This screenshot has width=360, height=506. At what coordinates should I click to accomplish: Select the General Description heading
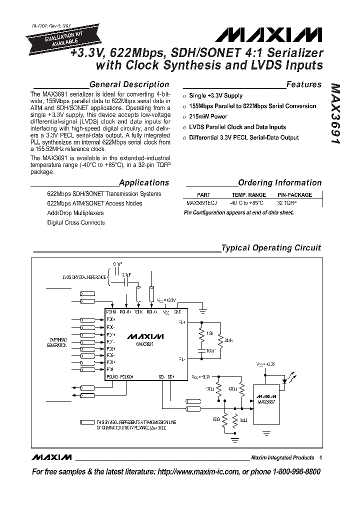129,84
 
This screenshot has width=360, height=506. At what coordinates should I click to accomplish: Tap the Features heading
303,84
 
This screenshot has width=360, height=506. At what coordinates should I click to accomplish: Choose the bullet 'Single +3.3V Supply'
215,95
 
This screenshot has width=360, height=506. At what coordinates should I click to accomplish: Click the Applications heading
144,183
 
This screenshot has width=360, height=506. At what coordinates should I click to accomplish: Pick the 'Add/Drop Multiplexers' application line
75,213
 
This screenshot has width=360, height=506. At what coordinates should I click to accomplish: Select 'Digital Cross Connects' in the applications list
76,222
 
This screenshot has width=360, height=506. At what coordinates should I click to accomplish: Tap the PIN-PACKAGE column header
294,195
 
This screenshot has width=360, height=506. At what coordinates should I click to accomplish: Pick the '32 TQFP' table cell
286,203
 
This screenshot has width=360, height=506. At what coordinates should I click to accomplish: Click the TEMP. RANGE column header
248,195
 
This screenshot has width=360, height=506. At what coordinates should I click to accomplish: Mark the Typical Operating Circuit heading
271,248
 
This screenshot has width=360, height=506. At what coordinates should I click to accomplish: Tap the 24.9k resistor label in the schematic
227,340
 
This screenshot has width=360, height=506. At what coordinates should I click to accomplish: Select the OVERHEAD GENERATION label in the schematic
56,342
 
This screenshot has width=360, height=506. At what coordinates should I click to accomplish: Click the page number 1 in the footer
320,457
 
